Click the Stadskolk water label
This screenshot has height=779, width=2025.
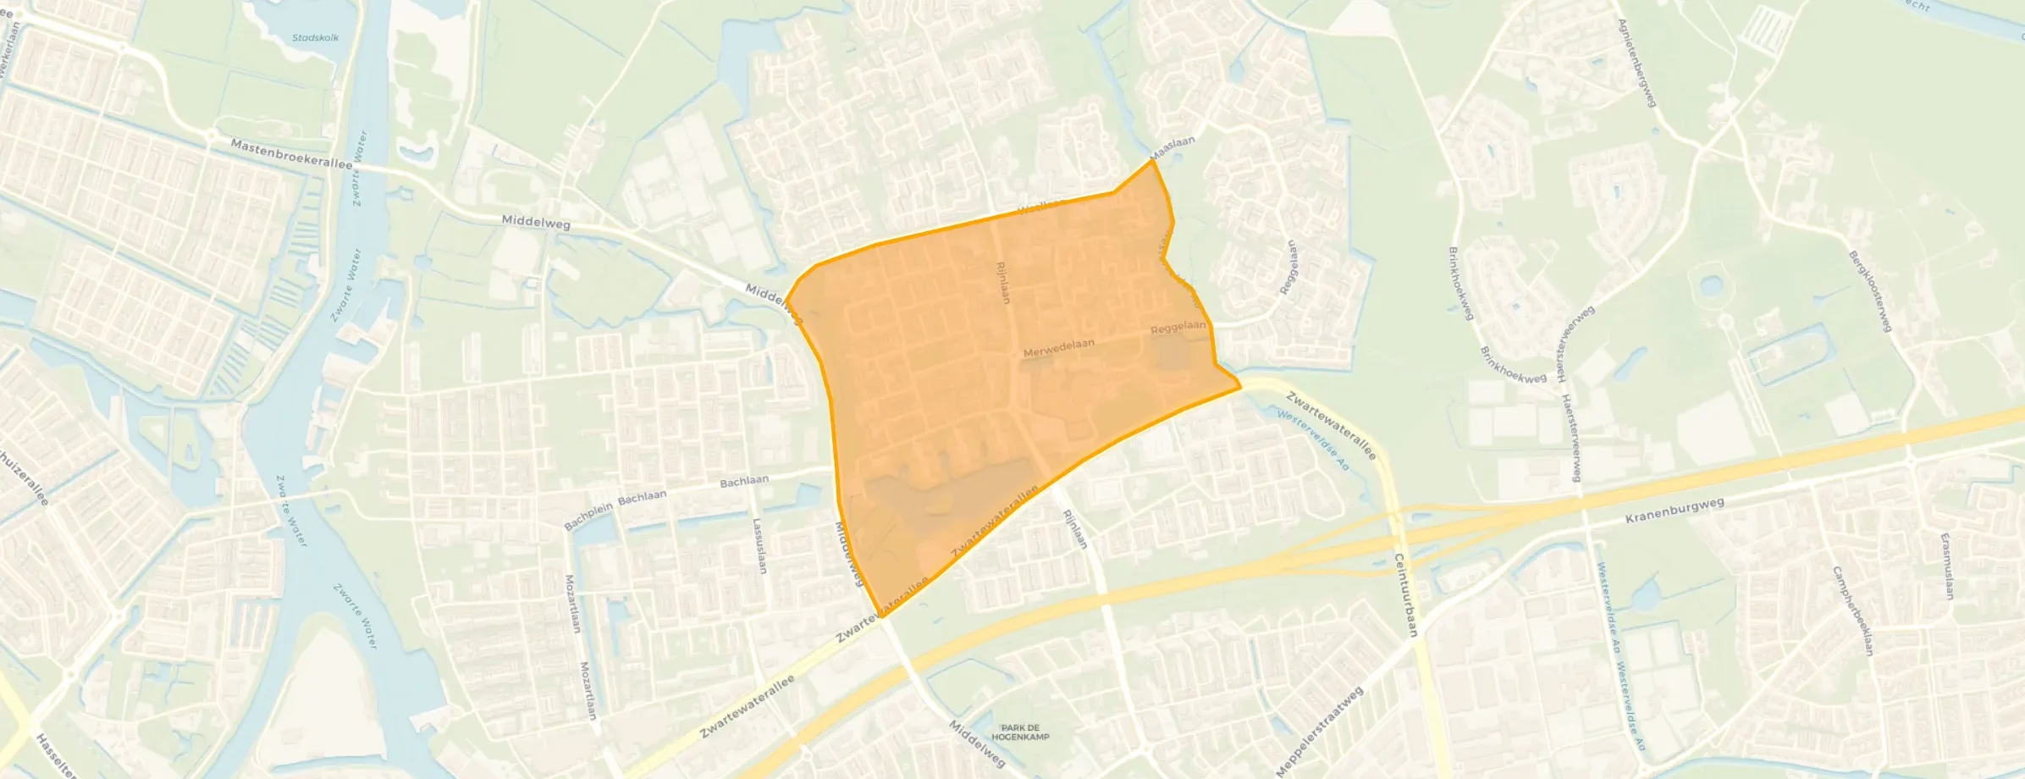coord(315,38)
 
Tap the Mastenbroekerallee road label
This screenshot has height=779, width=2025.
coord(291,154)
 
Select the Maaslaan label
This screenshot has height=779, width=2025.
coord(1173,147)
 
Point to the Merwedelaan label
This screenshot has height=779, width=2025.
coord(1058,348)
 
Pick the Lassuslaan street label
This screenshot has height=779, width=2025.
coord(759,546)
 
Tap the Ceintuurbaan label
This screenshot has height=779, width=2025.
coord(1405,594)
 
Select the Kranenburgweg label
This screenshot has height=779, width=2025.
coord(1675,510)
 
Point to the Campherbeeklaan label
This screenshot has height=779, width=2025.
coord(1851,610)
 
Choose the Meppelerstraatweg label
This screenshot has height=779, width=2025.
coord(1320,731)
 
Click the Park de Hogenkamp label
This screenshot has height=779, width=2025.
coord(1020,732)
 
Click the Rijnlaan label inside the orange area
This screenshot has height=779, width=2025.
coord(1003,282)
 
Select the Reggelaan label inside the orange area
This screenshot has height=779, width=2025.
coord(1178,327)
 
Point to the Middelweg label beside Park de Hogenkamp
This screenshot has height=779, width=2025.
coord(976,743)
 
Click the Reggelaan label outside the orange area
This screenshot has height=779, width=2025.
coord(1288,268)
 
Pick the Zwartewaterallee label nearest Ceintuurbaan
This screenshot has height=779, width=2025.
coord(1331,425)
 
